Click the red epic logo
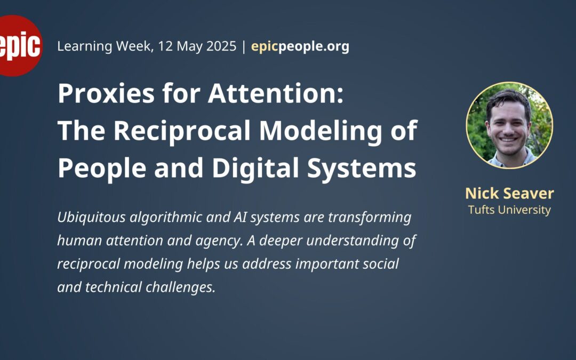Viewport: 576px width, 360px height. pyautogui.click(x=20, y=46)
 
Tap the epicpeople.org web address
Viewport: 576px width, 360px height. pyautogui.click(x=300, y=46)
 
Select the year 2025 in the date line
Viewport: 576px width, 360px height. pyautogui.click(x=221, y=46)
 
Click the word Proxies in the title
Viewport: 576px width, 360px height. pyautogui.click(x=106, y=93)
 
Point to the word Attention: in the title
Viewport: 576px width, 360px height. pyautogui.click(x=276, y=93)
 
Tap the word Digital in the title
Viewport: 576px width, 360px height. pyautogui.click(x=255, y=168)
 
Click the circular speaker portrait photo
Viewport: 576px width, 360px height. pyautogui.click(x=509, y=125)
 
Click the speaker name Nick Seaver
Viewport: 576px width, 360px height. pyautogui.click(x=509, y=193)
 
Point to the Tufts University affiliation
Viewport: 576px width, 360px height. pyautogui.click(x=509, y=210)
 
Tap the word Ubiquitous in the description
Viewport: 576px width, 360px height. pyautogui.click(x=92, y=218)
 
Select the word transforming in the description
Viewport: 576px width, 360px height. pyautogui.click(x=370, y=218)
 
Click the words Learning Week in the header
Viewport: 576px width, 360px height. pyautogui.click(x=105, y=46)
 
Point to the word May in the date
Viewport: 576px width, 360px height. pyautogui.click(x=189, y=47)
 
